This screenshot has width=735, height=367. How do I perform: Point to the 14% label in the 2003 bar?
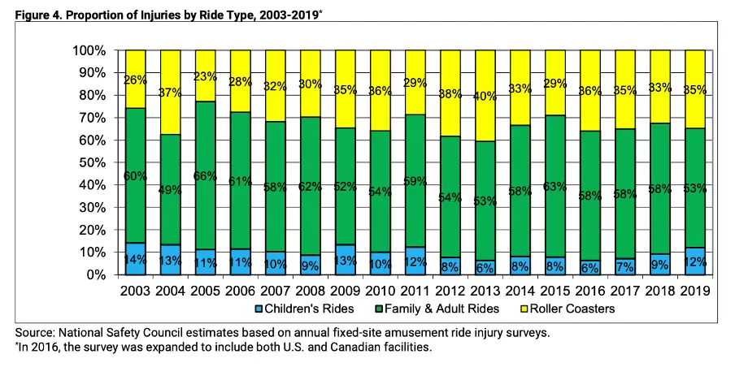tap(136, 260)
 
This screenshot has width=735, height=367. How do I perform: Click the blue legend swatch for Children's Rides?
tap(258, 309)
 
